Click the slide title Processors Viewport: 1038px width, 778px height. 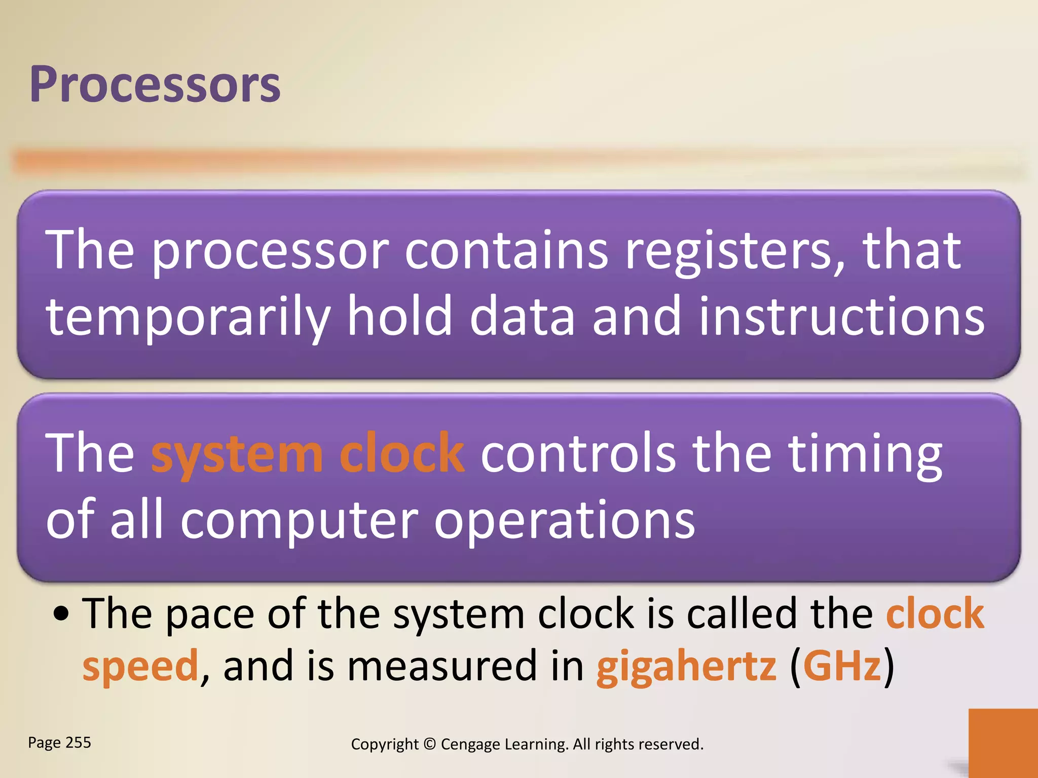tap(155, 85)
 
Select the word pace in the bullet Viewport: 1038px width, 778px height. tap(210, 614)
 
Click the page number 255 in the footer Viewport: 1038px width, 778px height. tap(78, 743)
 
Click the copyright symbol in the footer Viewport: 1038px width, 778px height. tap(429, 744)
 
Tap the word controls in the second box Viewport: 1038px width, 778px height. tap(578, 454)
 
